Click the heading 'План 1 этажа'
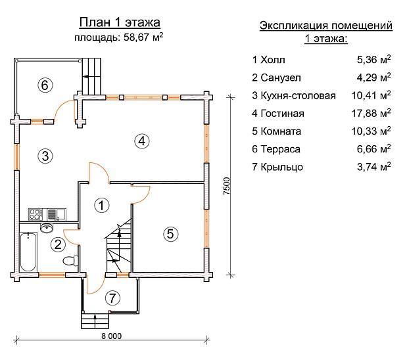tap(118, 24)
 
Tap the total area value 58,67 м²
tap(143, 37)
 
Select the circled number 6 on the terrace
tap(45, 85)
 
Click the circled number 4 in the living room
tap(141, 139)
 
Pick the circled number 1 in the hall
tap(101, 206)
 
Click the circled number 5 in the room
tap(169, 233)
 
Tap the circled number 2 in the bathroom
tap(58, 245)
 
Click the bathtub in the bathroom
tap(28, 252)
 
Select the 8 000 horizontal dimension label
tap(111, 336)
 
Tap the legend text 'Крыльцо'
tap(283, 167)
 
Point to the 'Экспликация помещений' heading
tap(326, 26)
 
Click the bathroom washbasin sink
tap(47, 228)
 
